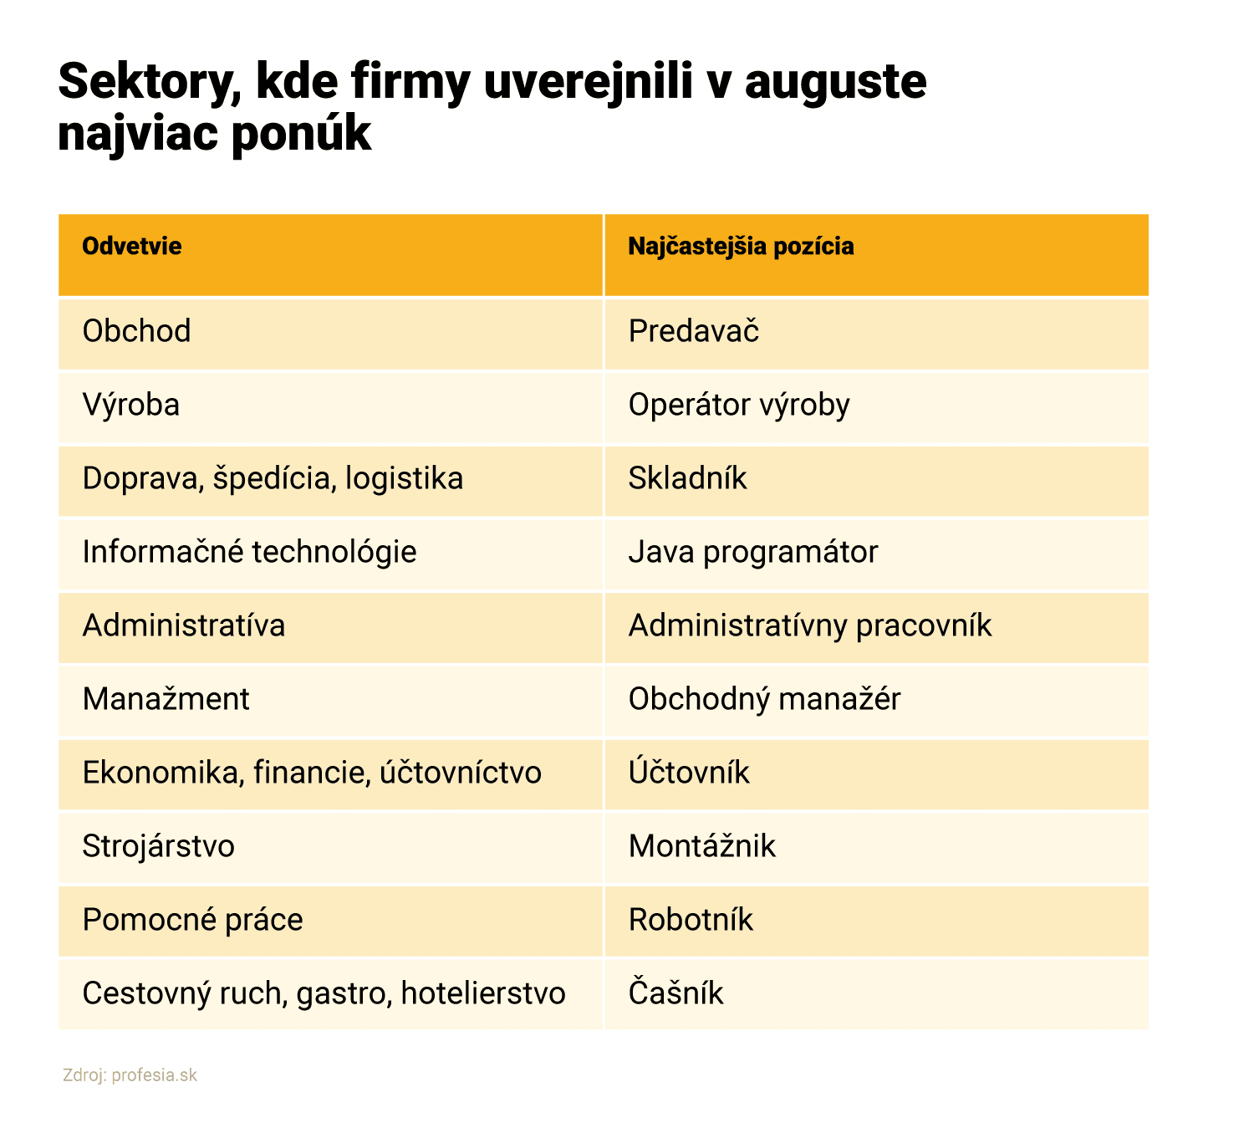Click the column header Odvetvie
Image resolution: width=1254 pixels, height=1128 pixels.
[132, 247]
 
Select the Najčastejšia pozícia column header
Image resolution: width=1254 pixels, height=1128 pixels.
[741, 247]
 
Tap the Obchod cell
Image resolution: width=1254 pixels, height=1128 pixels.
[137, 331]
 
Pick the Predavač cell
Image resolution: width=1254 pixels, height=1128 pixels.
[694, 331]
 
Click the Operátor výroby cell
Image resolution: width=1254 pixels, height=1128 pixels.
[739, 405]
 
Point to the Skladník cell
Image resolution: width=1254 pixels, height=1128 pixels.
[688, 478]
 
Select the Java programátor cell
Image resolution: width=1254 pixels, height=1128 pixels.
[753, 552]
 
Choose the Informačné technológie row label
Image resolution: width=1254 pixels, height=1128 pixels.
[249, 552]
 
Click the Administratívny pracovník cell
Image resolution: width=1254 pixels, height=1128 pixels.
[810, 625]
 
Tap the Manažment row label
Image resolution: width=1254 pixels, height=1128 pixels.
[166, 699]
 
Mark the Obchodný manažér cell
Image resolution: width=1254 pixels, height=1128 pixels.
[764, 699]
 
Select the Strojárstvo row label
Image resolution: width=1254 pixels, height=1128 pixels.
[158, 846]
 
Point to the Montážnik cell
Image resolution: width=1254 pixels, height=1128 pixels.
[702, 846]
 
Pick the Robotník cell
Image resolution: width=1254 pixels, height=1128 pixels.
[691, 920]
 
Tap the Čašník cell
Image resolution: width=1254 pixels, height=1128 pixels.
[675, 993]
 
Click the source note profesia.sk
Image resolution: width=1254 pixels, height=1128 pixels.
[130, 1075]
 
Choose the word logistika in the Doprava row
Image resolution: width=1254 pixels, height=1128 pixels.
[404, 478]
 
